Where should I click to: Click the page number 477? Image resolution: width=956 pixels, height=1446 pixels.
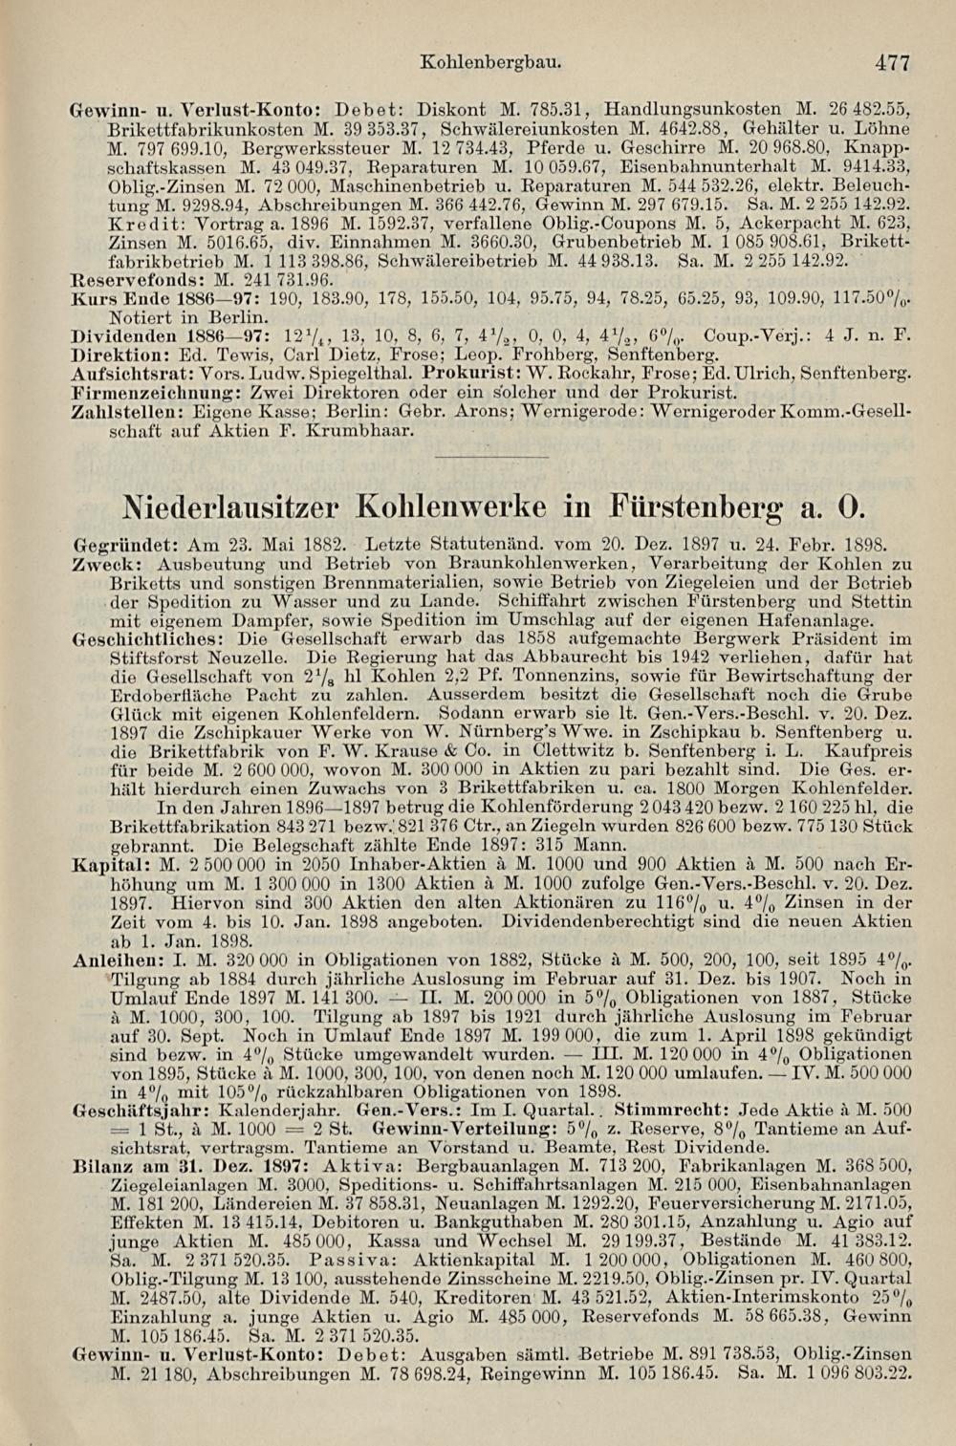click(891, 63)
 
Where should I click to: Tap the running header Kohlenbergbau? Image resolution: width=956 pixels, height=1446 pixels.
click(489, 63)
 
